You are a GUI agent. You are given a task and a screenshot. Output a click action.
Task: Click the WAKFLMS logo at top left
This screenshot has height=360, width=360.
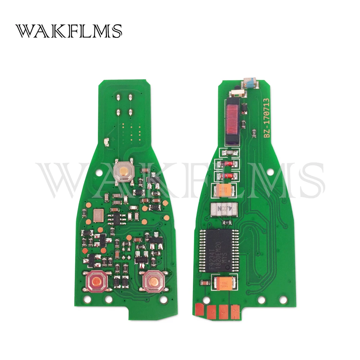pos(68,32)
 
